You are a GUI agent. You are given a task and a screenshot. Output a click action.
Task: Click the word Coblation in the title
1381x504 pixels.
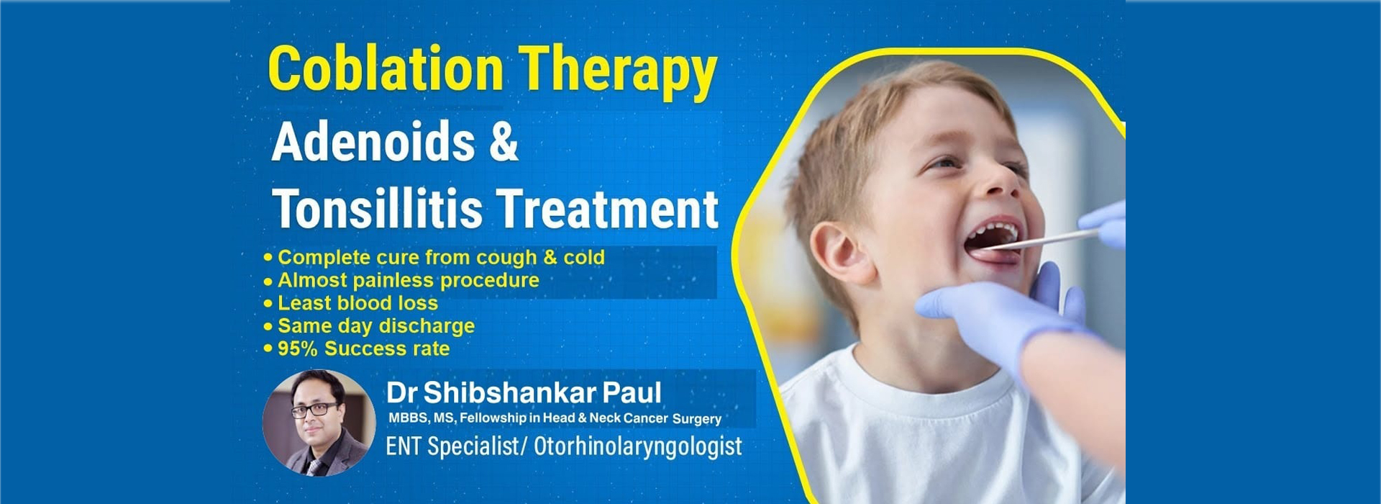point(386,68)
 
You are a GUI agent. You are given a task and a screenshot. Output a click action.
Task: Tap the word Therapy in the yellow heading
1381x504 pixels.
point(618,72)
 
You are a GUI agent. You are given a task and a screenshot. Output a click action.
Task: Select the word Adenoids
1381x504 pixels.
point(373,142)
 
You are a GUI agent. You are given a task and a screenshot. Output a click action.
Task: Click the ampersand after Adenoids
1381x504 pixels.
point(503,142)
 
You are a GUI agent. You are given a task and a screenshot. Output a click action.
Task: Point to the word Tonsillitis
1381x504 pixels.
point(377,210)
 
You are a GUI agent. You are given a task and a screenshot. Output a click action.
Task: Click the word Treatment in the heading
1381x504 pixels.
point(608,210)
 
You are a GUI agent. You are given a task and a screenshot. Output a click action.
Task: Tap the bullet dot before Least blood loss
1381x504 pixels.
point(268,304)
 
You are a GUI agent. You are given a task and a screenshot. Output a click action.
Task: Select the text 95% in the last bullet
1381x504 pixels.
point(298,348)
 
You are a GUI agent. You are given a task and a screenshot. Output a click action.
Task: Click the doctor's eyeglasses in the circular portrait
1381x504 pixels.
point(314,410)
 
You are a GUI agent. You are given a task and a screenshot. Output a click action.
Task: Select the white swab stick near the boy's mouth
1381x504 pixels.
point(1043,240)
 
